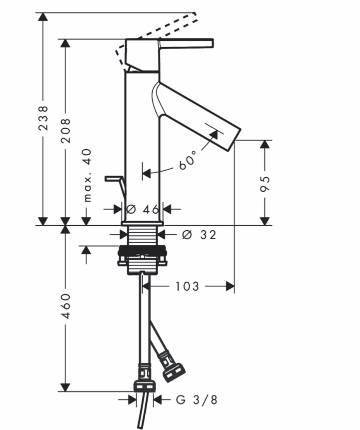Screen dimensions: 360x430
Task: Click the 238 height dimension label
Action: click(x=43, y=118)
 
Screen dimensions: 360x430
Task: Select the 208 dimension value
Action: click(x=65, y=131)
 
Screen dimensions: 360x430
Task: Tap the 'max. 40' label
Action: click(x=88, y=176)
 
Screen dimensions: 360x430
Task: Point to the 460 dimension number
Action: click(x=65, y=306)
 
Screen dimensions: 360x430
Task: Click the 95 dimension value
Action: click(x=265, y=184)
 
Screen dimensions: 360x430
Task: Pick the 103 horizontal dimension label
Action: click(x=187, y=286)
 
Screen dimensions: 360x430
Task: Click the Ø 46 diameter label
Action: click(x=143, y=209)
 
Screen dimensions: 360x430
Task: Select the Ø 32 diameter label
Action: click(x=199, y=235)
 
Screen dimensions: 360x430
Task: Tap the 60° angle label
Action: click(x=188, y=160)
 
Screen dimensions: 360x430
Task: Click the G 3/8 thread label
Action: click(x=197, y=400)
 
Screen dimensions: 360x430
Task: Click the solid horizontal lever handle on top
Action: click(x=186, y=44)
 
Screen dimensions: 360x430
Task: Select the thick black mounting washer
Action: click(x=142, y=250)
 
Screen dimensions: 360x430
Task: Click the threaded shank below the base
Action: click(x=143, y=236)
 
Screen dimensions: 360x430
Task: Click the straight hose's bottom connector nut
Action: click(x=145, y=387)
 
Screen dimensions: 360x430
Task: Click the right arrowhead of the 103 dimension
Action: click(x=230, y=286)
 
